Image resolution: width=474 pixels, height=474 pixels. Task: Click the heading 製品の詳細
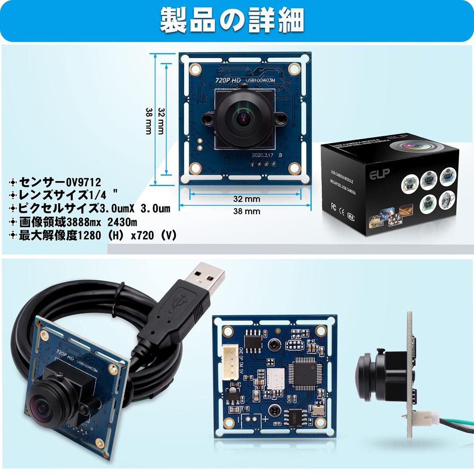[232, 20]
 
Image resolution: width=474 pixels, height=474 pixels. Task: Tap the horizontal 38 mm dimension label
[246, 212]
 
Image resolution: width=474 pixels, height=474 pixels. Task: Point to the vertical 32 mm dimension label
[161, 121]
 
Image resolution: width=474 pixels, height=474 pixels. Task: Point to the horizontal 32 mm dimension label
[246, 199]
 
